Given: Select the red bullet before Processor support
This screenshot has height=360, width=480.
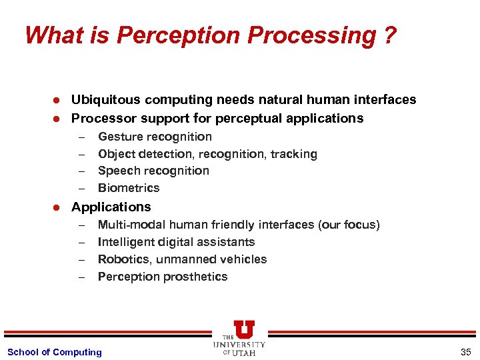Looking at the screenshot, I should coord(57,119).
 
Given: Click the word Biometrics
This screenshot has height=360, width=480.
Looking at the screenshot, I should coord(129,188).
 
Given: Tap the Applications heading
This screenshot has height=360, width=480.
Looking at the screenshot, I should coord(111,207).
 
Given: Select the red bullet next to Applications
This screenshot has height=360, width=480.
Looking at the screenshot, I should coord(57,207).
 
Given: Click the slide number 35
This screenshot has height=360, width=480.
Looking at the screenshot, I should coord(465,352).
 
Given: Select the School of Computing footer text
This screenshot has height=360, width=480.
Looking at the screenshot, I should coord(55,352).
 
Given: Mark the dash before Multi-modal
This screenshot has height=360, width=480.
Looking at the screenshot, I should coord(81,225).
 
